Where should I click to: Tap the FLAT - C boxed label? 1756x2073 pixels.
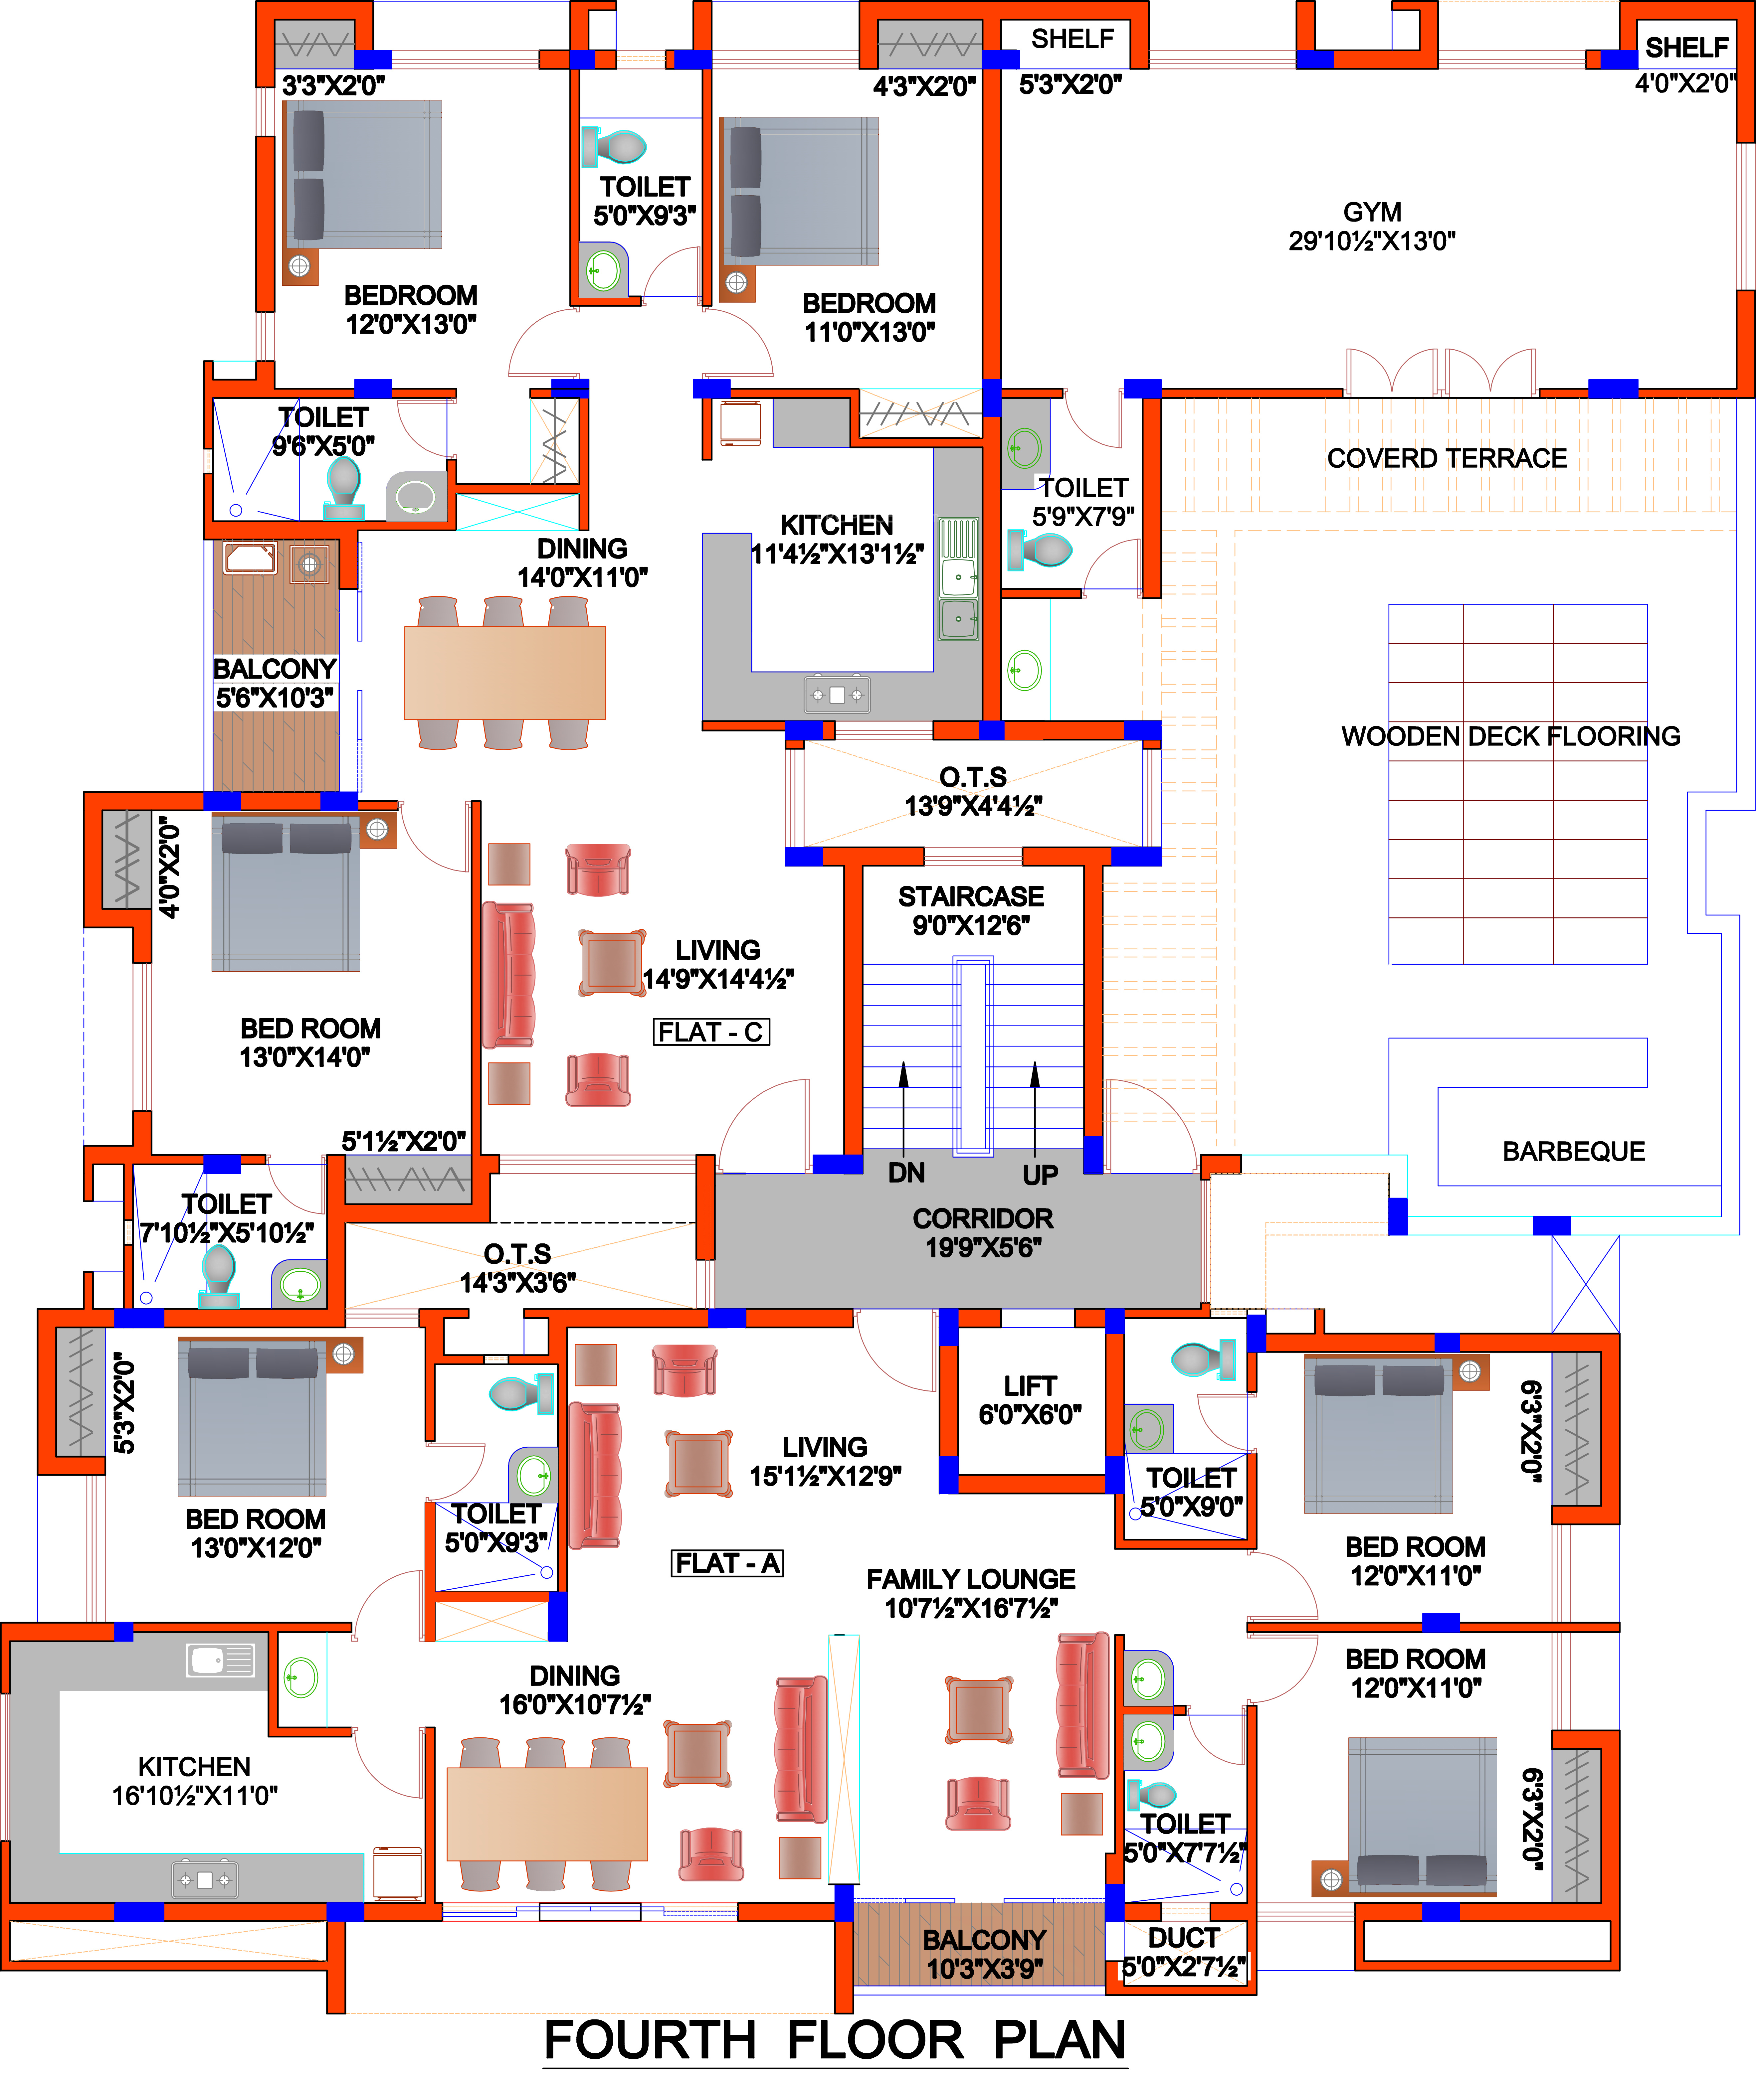point(711,1032)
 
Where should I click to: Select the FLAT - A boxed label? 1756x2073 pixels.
point(728,1563)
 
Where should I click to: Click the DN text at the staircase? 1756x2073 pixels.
point(906,1173)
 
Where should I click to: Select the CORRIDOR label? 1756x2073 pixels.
point(983,1232)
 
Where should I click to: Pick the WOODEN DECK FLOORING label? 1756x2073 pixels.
point(1510,736)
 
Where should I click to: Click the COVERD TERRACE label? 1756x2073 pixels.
point(1447,459)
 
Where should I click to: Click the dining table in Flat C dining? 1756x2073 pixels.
point(505,673)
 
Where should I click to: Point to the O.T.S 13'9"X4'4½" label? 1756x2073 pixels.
point(973,791)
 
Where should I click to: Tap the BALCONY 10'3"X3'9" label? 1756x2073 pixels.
point(984,1954)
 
